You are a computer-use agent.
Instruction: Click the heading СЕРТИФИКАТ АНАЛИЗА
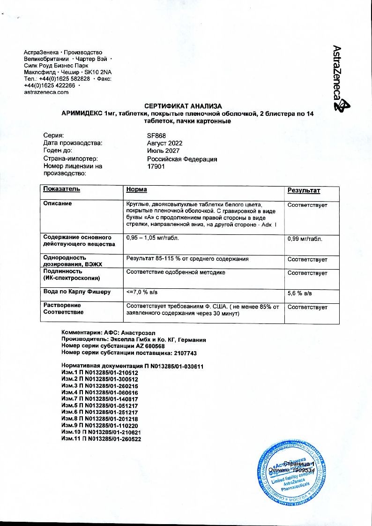(182, 106)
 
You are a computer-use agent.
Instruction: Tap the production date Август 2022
(164, 143)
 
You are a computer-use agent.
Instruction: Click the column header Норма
(136, 189)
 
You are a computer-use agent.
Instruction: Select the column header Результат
(304, 190)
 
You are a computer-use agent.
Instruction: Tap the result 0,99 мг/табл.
(305, 239)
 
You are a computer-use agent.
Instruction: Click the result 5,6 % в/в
(299, 293)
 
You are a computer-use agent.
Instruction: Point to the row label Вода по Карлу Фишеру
(77, 292)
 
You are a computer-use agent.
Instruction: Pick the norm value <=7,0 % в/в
(142, 292)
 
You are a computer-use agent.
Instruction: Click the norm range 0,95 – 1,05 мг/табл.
(152, 238)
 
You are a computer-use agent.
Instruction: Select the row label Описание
(58, 204)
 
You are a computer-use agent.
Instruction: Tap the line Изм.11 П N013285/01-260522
(101, 438)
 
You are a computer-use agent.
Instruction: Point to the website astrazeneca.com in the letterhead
(46, 92)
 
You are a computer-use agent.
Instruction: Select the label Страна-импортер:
(70, 159)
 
